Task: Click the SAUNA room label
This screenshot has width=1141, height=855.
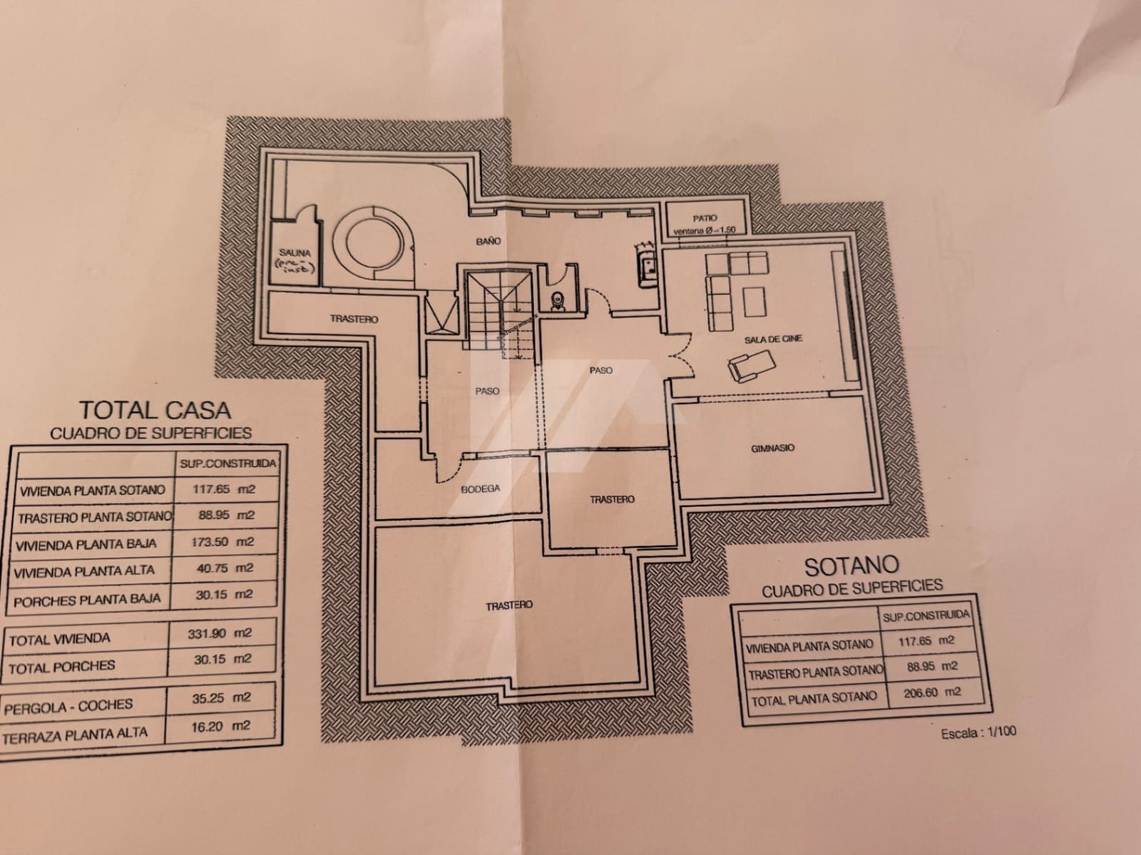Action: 295,253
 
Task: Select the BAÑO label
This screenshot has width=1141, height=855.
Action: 488,241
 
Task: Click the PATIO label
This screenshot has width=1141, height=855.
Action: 705,218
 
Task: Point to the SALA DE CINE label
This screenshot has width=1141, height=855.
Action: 773,339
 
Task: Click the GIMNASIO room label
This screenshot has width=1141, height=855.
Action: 772,449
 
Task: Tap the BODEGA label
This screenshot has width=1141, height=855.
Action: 480,489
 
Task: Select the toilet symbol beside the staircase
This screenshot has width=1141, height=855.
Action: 558,302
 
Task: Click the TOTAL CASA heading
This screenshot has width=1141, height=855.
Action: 155,410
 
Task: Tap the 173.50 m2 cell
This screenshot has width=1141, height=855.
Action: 223,542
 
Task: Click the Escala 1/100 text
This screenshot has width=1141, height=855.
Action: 978,732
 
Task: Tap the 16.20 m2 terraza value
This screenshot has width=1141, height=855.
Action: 221,727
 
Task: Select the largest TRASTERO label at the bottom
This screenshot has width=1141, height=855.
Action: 509,605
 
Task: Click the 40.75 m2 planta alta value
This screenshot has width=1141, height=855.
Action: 224,568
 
